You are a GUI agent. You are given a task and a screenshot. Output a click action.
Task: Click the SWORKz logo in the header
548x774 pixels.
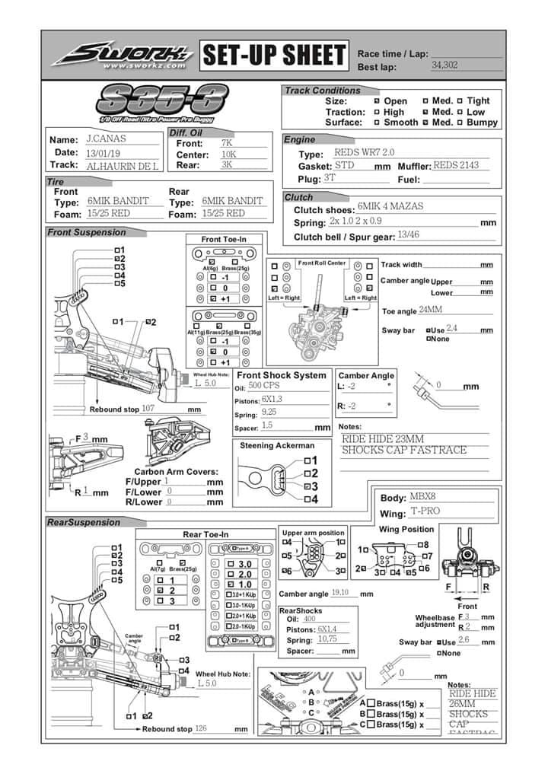[x=121, y=56]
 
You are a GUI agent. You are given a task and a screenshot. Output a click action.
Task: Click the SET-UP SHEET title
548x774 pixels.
[x=273, y=56]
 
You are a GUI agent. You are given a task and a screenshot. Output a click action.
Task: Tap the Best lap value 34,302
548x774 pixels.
[x=444, y=65]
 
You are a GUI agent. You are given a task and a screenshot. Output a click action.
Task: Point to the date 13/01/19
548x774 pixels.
[x=106, y=152]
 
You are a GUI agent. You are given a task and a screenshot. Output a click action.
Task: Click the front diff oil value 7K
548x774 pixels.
[x=227, y=142]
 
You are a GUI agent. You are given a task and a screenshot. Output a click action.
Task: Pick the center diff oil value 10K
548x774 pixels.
[x=228, y=153]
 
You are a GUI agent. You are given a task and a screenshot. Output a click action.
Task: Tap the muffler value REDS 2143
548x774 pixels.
[x=461, y=165]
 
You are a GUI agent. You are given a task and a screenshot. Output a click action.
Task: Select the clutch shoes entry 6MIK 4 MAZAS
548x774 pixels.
[x=390, y=206]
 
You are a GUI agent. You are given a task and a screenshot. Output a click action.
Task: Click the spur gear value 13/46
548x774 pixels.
[x=408, y=235]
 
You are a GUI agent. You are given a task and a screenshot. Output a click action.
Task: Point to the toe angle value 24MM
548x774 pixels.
[x=431, y=311]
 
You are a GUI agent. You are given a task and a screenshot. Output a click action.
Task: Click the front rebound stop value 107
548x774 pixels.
[x=148, y=408]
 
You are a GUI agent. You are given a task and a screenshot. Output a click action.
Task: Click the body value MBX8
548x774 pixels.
[x=422, y=497]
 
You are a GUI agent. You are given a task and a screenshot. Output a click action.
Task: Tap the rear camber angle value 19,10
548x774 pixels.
[x=340, y=592]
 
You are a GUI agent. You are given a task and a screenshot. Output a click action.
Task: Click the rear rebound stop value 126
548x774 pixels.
[x=202, y=728]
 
